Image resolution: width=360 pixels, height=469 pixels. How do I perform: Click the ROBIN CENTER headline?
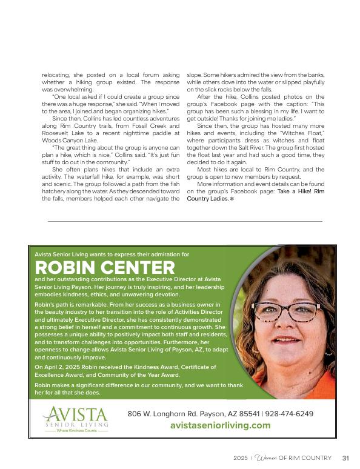coord(105,268)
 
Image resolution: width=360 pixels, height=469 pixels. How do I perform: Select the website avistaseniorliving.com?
coord(220,425)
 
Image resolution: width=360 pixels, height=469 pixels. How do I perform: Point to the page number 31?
coord(345,457)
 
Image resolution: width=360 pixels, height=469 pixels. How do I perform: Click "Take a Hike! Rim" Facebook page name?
coord(301,191)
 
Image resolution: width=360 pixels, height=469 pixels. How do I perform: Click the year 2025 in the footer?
coord(241,457)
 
